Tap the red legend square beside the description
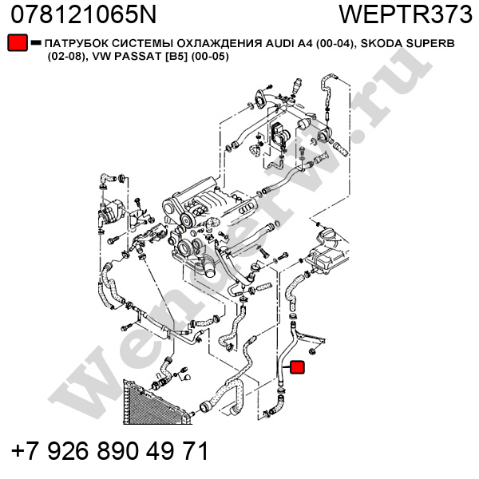pos(16,43)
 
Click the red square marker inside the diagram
pos(296,368)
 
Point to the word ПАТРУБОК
pos(75,43)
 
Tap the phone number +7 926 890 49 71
pos(109,451)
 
